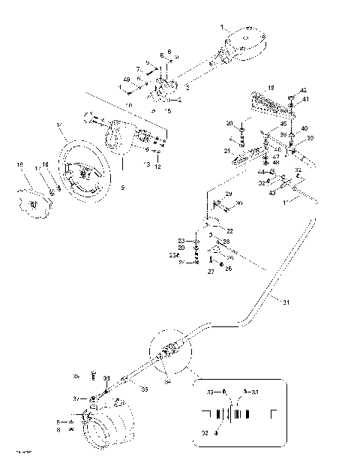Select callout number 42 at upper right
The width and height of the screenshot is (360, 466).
pyautogui.click(x=302, y=90)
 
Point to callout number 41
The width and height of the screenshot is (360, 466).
pyautogui.click(x=305, y=99)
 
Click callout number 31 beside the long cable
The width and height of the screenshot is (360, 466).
pyautogui.click(x=285, y=302)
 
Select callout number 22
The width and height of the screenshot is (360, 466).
pyautogui.click(x=229, y=230)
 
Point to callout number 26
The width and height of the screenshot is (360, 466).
pyautogui.click(x=229, y=268)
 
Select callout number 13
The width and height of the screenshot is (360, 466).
pyautogui.click(x=147, y=163)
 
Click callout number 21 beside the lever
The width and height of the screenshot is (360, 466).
pyautogui.click(x=226, y=151)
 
